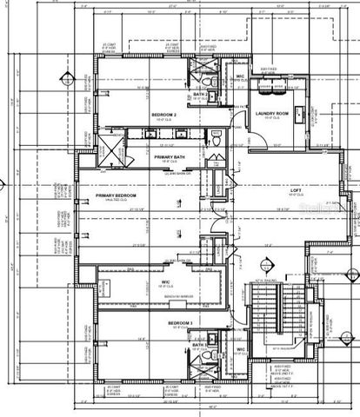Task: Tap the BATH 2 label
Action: point(198,94)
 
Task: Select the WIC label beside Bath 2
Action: point(240,76)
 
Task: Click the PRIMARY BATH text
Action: point(172,157)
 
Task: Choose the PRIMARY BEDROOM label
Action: point(123,196)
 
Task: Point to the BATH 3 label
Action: point(197,345)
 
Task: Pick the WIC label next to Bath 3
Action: point(240,350)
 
